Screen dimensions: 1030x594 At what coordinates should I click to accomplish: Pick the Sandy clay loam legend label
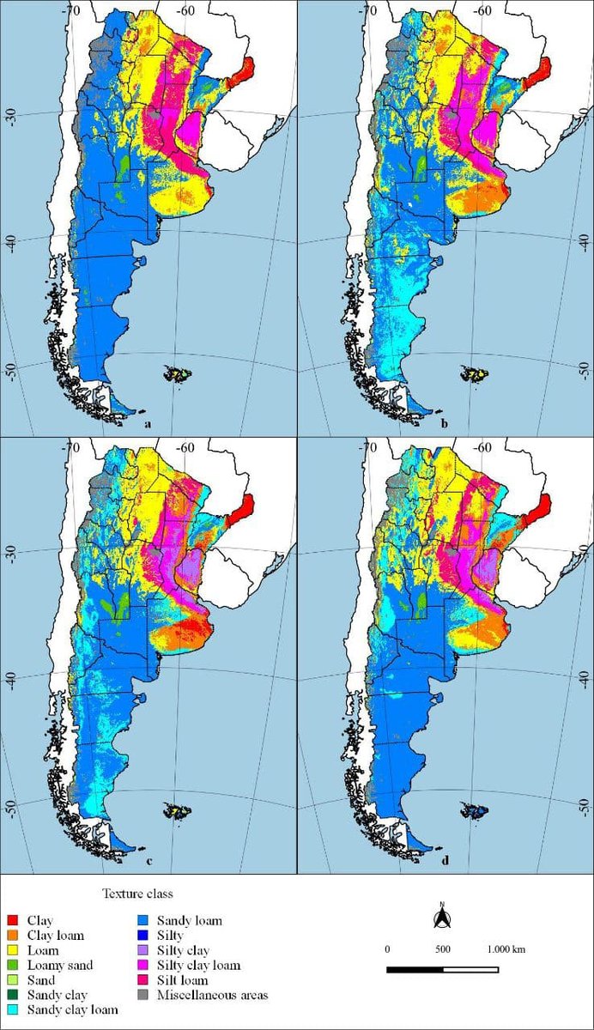tap(72, 1010)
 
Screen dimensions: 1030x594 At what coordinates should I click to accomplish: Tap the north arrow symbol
tap(441, 917)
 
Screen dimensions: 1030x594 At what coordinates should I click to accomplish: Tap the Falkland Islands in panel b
tap(471, 373)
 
